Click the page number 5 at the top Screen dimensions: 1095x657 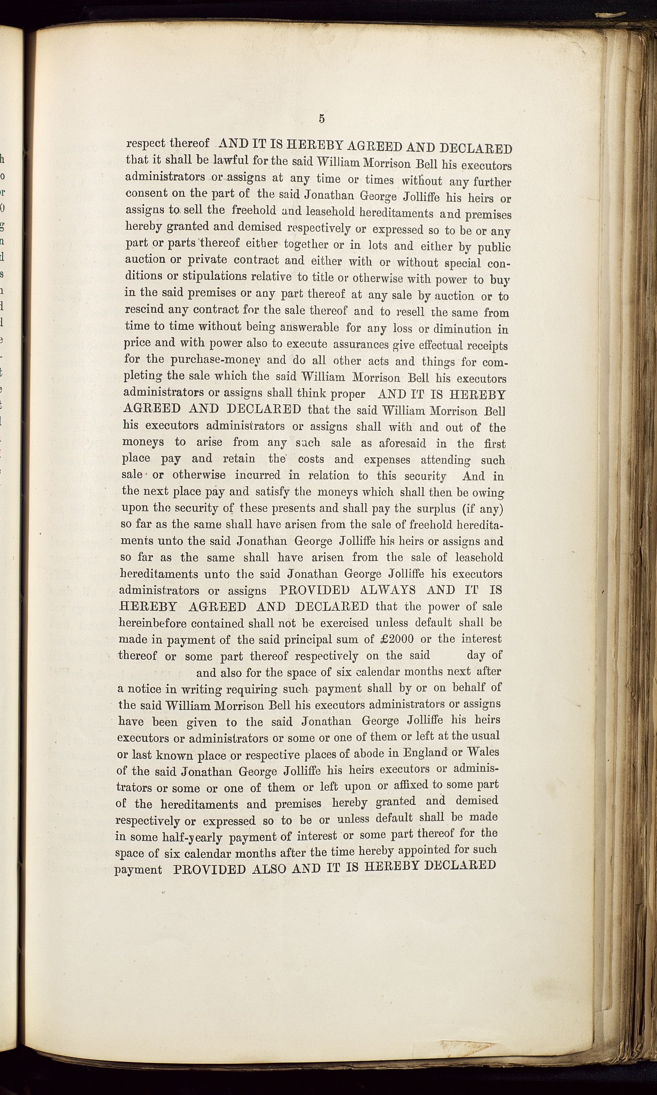(322, 119)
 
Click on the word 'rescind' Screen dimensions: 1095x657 (144, 309)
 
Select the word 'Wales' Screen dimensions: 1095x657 (482, 752)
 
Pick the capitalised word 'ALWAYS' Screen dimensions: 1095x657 (388, 590)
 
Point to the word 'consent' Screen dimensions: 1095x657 (147, 194)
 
